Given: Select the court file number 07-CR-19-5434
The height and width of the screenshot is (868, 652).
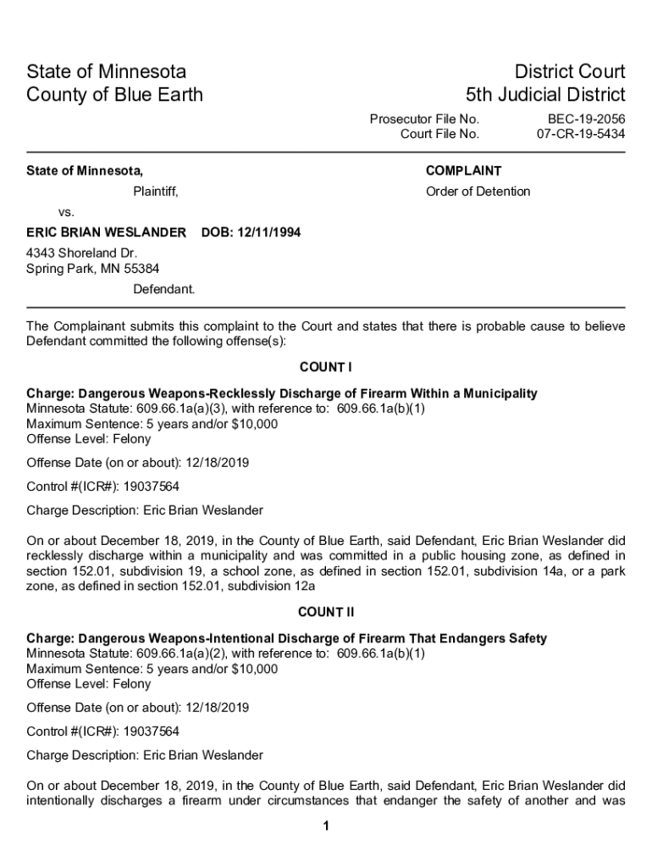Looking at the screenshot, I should [581, 134].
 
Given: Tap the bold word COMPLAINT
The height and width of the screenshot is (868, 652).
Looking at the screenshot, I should [463, 171].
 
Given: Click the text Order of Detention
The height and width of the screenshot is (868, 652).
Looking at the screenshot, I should [478, 192].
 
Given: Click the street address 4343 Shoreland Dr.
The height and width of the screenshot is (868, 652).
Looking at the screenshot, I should [81, 253].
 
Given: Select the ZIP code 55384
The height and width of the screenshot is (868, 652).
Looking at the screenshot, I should [140, 269].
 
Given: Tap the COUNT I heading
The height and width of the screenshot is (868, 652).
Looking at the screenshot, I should [325, 367].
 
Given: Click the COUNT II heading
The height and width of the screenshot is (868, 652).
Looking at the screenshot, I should [325, 612].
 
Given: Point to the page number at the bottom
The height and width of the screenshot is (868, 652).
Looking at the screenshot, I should [325, 827].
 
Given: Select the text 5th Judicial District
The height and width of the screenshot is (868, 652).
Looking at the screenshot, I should [545, 94].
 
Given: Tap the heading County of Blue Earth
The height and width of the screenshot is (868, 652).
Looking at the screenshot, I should [115, 94].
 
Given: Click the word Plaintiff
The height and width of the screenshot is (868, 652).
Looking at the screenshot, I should [156, 192].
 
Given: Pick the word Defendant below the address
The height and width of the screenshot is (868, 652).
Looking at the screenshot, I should [163, 289].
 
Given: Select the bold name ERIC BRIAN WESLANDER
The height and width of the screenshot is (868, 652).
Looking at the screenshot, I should [107, 232].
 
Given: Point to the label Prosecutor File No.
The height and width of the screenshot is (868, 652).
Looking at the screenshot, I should [424, 120].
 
